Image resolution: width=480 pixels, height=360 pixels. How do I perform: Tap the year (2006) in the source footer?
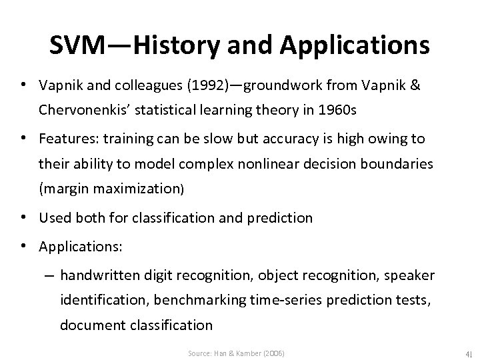click(x=271, y=351)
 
